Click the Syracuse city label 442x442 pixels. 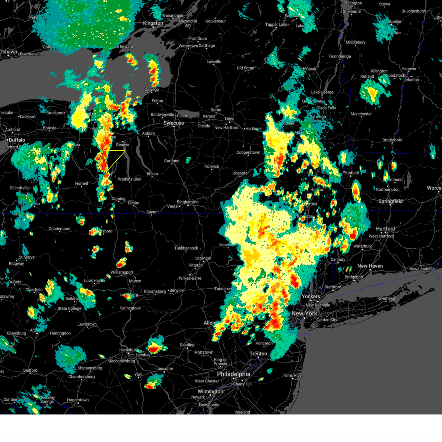point(173,123)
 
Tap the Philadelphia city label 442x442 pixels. point(233,374)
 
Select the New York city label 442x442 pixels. point(304,313)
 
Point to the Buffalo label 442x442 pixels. point(17,140)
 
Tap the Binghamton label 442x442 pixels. point(187,202)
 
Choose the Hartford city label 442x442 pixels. point(385,229)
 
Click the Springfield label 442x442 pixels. point(390,201)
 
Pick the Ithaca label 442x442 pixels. point(152,174)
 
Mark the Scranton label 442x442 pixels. point(203,258)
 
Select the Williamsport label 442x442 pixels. point(122,272)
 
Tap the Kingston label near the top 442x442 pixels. point(153,23)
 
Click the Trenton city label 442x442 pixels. point(258,354)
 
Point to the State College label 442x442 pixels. point(69,308)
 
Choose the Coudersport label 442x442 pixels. point(60,229)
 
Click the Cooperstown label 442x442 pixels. point(248,152)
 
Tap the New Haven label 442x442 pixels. point(370,266)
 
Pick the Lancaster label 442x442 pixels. point(164,369)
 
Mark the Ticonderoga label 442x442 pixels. point(340,56)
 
